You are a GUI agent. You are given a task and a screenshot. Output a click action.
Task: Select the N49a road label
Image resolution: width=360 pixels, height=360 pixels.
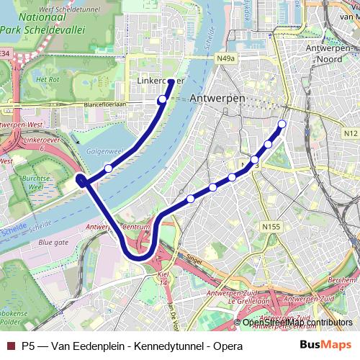click(225, 58)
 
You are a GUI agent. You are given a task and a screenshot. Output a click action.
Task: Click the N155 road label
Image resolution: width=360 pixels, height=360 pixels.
click(271, 227)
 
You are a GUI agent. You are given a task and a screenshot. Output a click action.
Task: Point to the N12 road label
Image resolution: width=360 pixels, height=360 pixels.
click(351, 133)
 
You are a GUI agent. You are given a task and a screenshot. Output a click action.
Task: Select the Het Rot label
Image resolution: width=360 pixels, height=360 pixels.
click(48, 79)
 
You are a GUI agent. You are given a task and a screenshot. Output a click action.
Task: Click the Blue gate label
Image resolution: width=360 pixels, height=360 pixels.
click(54, 243)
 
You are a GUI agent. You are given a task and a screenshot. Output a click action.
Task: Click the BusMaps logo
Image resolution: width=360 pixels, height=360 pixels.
click(325, 346)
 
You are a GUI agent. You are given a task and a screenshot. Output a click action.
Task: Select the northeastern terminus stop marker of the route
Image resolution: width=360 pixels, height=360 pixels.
click(282, 125)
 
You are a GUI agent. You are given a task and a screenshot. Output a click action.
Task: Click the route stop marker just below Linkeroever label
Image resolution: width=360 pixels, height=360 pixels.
click(163, 99)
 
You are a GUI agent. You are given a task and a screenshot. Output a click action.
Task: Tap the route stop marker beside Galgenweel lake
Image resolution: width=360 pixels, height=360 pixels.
click(108, 168)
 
